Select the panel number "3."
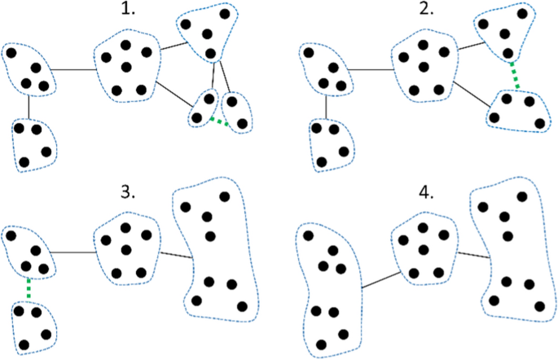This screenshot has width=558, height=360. tap(127, 192)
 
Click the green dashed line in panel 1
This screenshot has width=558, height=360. tap(217, 121)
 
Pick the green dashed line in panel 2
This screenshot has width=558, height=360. tap(513, 76)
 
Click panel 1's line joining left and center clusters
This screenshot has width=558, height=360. tap(76, 69)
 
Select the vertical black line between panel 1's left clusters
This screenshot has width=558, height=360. tap(29, 106)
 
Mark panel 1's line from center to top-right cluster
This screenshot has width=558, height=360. tap(171, 50)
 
